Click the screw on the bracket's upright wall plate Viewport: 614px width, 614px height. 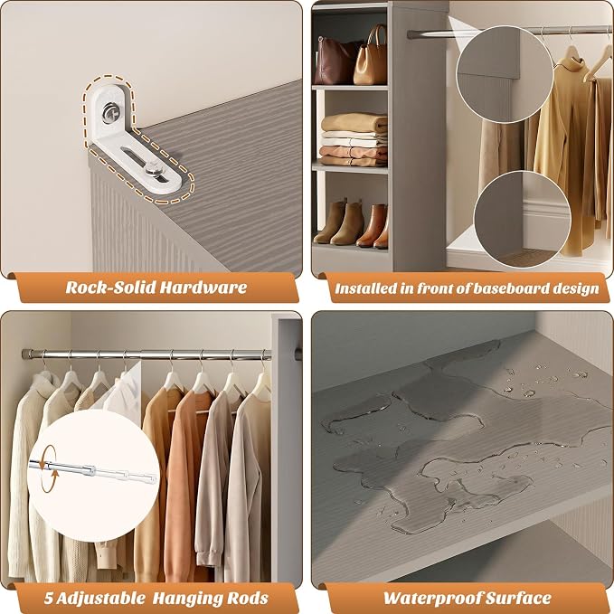(x=109, y=113)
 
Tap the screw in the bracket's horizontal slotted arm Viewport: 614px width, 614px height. (x=154, y=170)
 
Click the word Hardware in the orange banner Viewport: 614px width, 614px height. (x=203, y=288)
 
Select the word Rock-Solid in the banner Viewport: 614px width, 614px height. (x=111, y=288)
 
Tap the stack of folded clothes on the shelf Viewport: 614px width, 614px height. (x=354, y=139)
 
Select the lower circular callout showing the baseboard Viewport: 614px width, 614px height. (x=523, y=220)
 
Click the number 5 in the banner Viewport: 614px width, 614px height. (x=48, y=599)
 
